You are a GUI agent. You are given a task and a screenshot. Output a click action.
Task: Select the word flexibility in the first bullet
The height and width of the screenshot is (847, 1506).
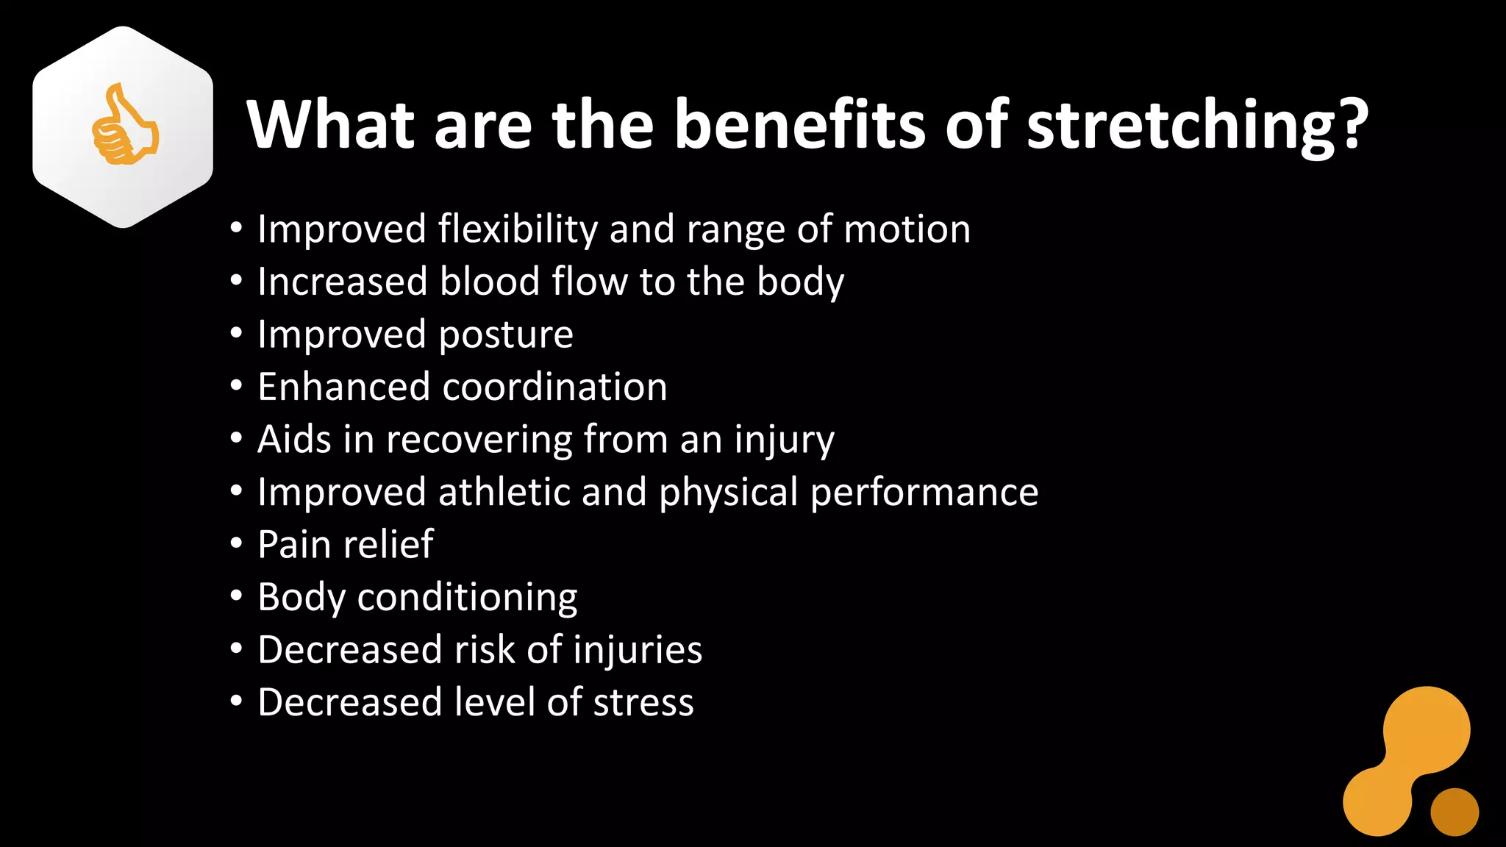pos(518,229)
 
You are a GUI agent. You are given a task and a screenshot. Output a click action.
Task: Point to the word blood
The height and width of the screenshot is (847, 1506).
pos(490,282)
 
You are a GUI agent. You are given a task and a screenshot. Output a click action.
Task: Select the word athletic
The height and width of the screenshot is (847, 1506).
pos(504,492)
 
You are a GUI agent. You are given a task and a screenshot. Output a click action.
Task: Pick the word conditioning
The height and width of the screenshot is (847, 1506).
pos(467,597)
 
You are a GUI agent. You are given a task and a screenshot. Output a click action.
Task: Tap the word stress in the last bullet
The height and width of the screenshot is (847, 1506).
pos(643,702)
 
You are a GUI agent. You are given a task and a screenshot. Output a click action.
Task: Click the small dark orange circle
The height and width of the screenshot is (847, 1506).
pos(1454,812)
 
